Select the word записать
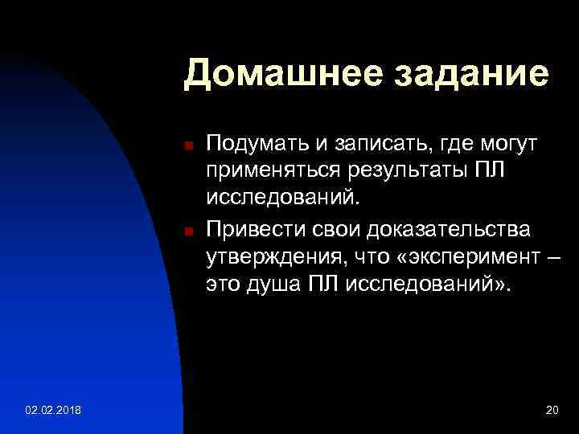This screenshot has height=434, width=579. click(368, 144)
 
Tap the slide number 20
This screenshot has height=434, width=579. click(552, 411)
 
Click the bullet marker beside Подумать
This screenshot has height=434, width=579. click(187, 146)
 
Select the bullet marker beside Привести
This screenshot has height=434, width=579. click(187, 232)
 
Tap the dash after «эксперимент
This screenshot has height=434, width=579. click(550, 258)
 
